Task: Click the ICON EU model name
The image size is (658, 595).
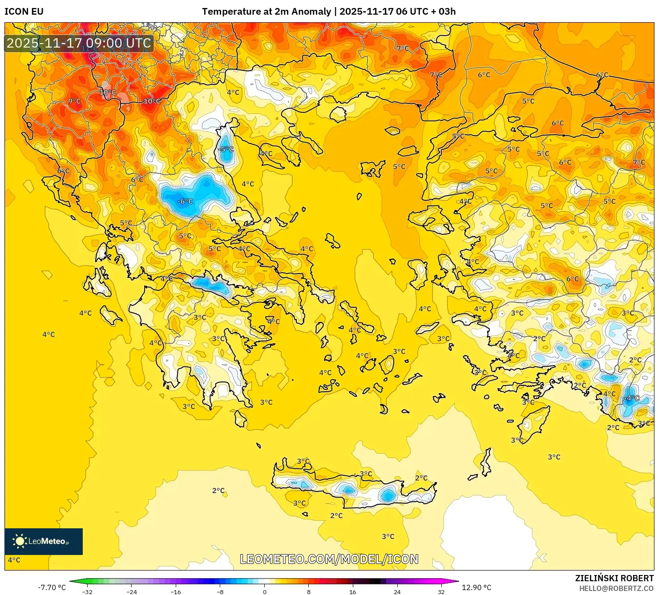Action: pyautogui.click(x=24, y=12)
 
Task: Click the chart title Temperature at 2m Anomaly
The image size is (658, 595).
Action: pyautogui.click(x=266, y=12)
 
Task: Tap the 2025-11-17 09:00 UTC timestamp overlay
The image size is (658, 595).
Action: pyautogui.click(x=79, y=43)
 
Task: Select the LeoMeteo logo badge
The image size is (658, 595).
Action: pyautogui.click(x=44, y=541)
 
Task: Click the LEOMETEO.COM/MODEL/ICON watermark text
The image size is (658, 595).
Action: pyautogui.click(x=329, y=559)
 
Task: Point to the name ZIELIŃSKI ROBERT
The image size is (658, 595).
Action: pyautogui.click(x=614, y=578)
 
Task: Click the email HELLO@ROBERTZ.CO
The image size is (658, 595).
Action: pyautogui.click(x=616, y=588)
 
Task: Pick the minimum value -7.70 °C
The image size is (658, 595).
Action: pyautogui.click(x=52, y=587)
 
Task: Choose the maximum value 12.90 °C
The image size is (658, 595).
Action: pyautogui.click(x=476, y=587)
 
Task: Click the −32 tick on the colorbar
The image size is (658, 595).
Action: pyautogui.click(x=87, y=591)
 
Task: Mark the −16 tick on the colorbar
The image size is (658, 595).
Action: pyautogui.click(x=176, y=591)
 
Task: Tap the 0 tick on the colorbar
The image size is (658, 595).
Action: pyautogui.click(x=264, y=591)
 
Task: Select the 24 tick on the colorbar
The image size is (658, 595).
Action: pyautogui.click(x=397, y=591)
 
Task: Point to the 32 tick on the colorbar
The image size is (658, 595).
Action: pyautogui.click(x=441, y=591)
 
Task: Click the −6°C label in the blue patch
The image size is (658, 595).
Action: pyautogui.click(x=185, y=201)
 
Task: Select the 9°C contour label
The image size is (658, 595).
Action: pyautogui.click(x=74, y=101)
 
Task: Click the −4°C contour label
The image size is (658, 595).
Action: pyautogui.click(x=632, y=398)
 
